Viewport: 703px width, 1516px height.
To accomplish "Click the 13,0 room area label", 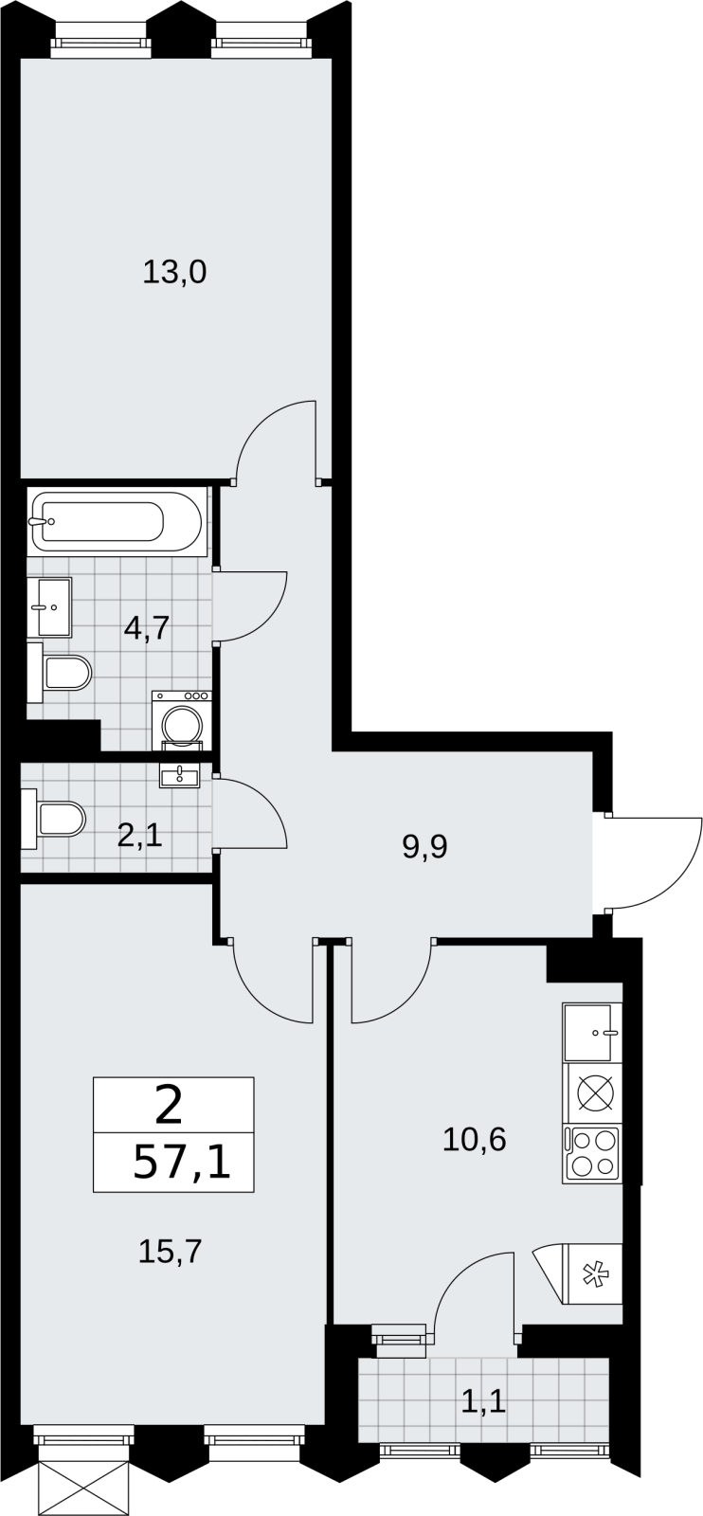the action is click(174, 273).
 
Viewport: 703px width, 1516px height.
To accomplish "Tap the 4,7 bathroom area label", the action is click(146, 629).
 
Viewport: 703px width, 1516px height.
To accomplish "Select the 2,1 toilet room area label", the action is click(139, 837).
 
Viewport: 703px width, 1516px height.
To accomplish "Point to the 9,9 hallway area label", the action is click(424, 847).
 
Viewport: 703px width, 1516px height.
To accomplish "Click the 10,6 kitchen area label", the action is click(475, 1141).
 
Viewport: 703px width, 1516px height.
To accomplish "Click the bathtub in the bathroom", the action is click(116, 522).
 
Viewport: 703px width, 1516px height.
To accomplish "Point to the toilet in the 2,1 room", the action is click(53, 819).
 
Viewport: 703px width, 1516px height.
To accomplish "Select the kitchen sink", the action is click(590, 1032).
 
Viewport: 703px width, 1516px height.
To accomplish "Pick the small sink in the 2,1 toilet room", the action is click(179, 775).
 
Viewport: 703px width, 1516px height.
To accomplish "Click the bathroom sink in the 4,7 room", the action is click(53, 607).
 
